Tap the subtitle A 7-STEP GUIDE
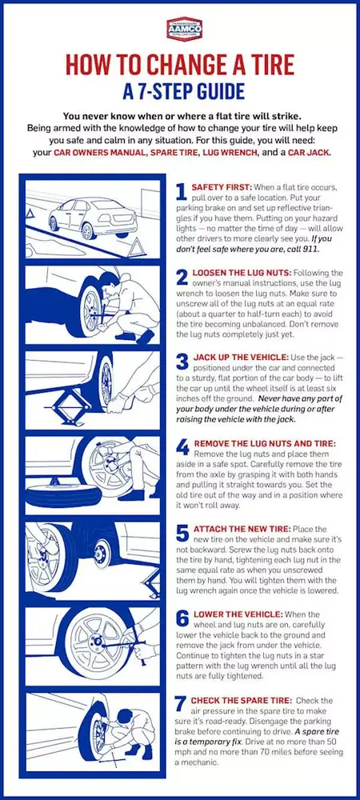click(180, 90)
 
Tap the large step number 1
click(181, 193)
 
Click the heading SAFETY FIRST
click(221, 186)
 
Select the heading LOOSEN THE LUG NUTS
click(241, 273)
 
